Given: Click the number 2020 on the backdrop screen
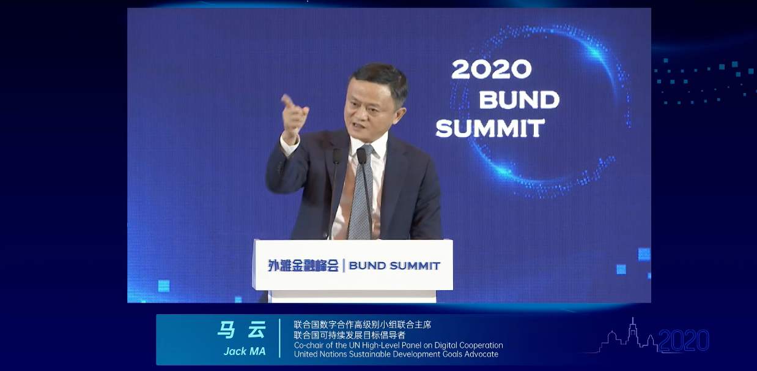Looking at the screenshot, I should click(491, 69).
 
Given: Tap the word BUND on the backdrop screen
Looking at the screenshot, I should click(519, 99).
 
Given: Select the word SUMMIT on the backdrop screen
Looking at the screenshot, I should click(490, 128).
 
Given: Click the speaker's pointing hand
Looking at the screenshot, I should click(294, 113).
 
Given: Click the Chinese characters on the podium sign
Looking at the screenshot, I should click(303, 266).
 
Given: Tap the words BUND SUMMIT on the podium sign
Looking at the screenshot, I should click(394, 266).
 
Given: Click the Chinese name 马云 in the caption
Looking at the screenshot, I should click(242, 331).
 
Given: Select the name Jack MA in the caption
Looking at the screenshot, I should click(245, 351).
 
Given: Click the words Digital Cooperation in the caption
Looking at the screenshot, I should click(467, 345).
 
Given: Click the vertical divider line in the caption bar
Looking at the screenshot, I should click(280, 339).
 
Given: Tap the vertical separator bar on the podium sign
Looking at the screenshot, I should click(344, 266).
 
